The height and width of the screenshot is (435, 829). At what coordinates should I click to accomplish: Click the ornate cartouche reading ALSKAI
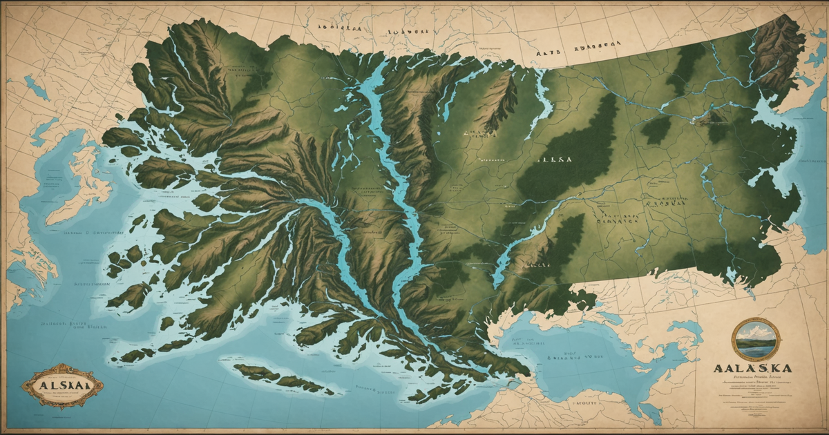point(61,385)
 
